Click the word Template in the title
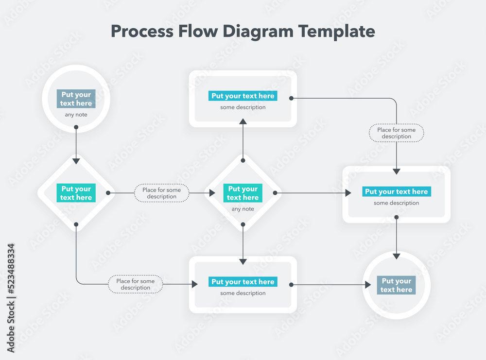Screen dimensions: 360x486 click(336, 31)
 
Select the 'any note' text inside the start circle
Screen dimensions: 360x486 click(76, 115)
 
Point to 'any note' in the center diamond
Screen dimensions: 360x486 click(243, 209)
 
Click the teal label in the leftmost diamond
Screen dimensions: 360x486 click(76, 193)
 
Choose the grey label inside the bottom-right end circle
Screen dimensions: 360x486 click(396, 285)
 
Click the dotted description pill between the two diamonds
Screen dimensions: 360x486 click(161, 193)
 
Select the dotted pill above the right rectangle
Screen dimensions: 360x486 click(396, 133)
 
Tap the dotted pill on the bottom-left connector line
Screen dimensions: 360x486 click(135, 284)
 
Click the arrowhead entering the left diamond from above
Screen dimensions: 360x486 click(76, 160)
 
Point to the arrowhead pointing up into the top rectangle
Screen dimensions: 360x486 click(243, 121)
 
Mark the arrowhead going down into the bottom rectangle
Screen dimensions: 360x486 click(243, 261)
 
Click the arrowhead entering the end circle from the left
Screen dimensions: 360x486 click(368, 285)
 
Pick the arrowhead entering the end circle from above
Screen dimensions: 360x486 click(397, 256)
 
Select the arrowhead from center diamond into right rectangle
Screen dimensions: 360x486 click(347, 193)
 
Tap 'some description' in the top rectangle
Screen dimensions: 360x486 click(243, 107)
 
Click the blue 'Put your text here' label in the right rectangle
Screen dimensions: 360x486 click(396, 191)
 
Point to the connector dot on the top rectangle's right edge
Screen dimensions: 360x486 click(291, 98)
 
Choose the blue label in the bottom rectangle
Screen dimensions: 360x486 click(243, 282)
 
